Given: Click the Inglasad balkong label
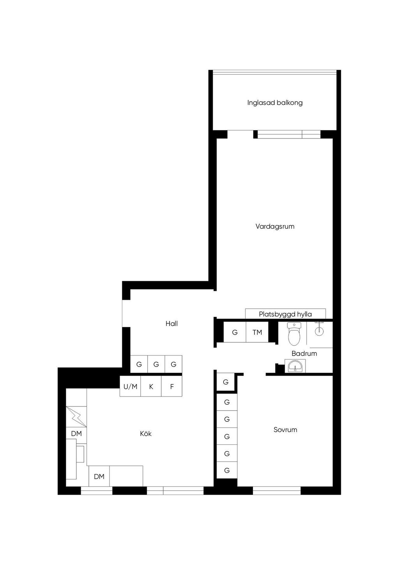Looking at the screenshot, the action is (275, 103).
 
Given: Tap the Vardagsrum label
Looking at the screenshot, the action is (275, 226).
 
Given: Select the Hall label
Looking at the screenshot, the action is (171, 324).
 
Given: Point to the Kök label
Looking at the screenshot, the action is (146, 434).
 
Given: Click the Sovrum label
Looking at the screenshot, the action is (285, 430).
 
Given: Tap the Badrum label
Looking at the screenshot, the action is (304, 354).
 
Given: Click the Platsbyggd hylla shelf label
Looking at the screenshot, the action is (285, 314).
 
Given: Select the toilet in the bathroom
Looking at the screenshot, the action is (294, 334).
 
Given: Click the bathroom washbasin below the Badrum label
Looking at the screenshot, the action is (295, 366).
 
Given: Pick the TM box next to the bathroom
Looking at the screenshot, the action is (257, 332).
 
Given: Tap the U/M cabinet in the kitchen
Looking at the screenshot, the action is (130, 386).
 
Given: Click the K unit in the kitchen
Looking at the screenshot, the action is (151, 386).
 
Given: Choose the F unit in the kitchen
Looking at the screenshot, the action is (172, 386).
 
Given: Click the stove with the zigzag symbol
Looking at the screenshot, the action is (76, 417).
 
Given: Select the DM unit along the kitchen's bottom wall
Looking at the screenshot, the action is (99, 476).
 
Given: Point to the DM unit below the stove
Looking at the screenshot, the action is (76, 434).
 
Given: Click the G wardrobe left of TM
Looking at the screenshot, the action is (235, 332).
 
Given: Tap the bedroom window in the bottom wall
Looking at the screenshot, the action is (277, 490).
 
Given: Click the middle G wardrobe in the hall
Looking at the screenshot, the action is (156, 364).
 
